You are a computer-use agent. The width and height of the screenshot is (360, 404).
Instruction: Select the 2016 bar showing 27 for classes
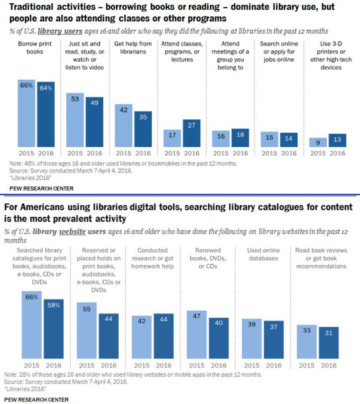click(192, 133)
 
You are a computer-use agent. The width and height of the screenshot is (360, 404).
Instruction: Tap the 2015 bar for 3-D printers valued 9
click(317, 142)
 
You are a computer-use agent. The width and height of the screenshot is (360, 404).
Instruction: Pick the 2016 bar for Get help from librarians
click(143, 129)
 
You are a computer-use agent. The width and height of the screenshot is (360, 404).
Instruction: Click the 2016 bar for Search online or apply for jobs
click(288, 140)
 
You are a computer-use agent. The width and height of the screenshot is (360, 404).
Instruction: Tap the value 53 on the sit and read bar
click(75, 99)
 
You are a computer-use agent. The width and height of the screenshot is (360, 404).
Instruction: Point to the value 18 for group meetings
click(240, 135)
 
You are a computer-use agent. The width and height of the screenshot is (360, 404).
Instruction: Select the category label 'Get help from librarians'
click(133, 48)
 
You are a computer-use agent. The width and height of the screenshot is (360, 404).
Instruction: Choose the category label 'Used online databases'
click(263, 254)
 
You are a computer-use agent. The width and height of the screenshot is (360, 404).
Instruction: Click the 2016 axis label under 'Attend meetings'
click(240, 153)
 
